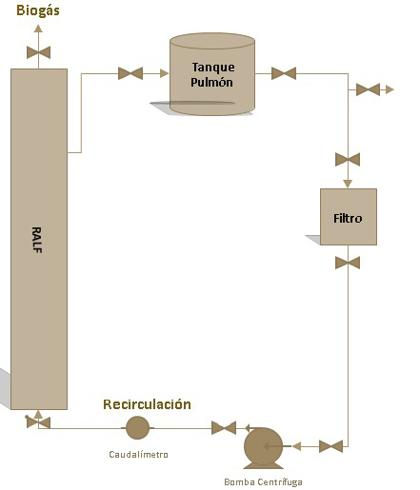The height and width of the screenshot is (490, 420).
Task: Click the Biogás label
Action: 38,10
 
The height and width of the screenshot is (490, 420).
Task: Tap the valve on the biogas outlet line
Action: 38,52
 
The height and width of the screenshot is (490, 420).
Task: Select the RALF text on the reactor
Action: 37,240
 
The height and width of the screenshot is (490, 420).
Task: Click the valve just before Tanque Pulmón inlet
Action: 130,73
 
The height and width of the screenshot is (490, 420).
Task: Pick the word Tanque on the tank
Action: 213,68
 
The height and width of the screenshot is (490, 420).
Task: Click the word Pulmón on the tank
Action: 211,82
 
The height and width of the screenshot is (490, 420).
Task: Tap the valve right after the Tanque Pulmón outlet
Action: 284,73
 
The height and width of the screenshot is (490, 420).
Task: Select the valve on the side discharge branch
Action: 368,89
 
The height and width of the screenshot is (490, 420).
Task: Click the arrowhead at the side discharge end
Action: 390,89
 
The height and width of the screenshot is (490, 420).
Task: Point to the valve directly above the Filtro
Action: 348,159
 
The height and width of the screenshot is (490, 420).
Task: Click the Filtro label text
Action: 348,218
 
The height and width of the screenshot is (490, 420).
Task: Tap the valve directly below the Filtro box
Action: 348,263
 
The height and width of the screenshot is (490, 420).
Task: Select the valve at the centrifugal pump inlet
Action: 330,446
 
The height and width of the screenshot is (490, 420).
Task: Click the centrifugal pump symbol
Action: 263,447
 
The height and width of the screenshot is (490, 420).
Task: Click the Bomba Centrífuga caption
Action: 263,482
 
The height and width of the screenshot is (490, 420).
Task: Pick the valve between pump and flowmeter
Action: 224,428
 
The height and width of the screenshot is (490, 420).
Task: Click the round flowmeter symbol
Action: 137,428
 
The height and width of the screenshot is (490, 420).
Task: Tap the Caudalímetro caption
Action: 138,454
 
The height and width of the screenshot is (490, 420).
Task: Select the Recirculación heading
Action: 147,404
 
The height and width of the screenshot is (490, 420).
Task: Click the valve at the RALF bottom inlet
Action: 38,422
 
